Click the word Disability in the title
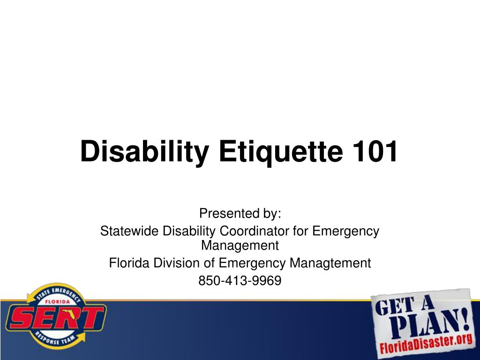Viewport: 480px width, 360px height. point(145,152)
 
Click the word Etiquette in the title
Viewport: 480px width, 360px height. point(281,152)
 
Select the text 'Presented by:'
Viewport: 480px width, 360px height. point(240,213)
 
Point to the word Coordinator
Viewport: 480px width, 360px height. point(254,231)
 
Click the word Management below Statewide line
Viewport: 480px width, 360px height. point(240,245)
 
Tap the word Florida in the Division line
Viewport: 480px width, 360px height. point(129,262)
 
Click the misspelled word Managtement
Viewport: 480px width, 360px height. point(330,263)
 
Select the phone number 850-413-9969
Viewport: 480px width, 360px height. point(240,280)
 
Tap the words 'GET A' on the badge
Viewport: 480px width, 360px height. point(405,304)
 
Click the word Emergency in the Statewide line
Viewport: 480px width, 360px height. point(345,232)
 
